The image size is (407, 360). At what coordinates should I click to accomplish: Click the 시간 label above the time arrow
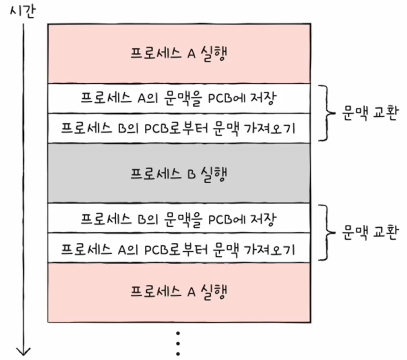[x=22, y=12]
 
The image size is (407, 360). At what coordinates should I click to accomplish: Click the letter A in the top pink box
[x=191, y=54]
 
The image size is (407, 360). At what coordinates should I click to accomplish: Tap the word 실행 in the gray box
[x=214, y=174]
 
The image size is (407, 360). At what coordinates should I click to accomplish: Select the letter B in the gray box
[x=191, y=174]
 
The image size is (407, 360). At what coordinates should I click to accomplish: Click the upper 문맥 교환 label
[x=370, y=113]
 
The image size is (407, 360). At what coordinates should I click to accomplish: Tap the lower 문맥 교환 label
[x=370, y=232]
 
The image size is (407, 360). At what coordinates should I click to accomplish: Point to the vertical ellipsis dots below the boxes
[x=178, y=344]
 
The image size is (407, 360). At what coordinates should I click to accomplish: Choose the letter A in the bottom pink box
[x=191, y=292]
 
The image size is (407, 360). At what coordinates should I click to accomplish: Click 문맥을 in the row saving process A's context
[x=183, y=99]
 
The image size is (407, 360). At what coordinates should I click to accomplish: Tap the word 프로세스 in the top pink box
[x=156, y=53]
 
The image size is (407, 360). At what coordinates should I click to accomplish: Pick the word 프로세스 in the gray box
[x=156, y=174]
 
